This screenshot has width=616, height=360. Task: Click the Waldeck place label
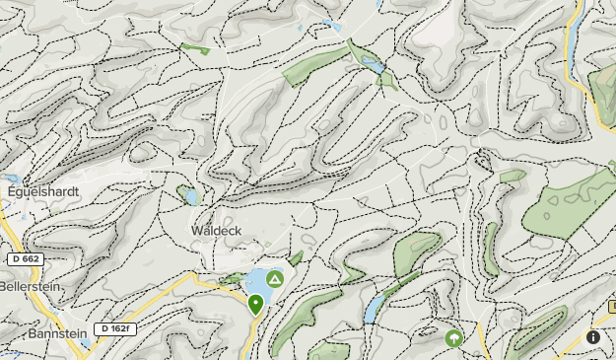tap(216, 231)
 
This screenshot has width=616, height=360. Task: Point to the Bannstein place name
tap(44, 335)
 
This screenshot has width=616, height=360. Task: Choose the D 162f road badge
tap(114, 328)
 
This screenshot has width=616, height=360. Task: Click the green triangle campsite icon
tap(275, 281)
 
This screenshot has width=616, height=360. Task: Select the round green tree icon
tap(453, 338)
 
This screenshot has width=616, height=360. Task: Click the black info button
tap(593, 337)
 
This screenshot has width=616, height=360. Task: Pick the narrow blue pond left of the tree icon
tap(372, 310)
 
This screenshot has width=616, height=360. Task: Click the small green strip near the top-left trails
tap(195, 47)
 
